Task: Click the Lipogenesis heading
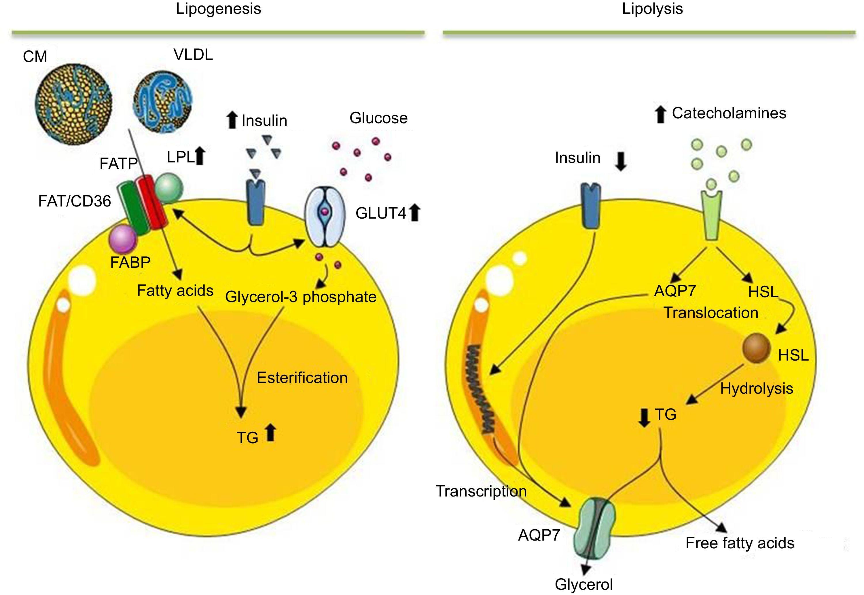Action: pyautogui.click(x=218, y=9)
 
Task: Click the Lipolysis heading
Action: pyautogui.click(x=652, y=9)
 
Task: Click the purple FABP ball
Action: pyautogui.click(x=123, y=240)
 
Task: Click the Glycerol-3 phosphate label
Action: pyautogui.click(x=301, y=297)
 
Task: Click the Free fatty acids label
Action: pyautogui.click(x=740, y=543)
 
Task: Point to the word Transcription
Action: pyautogui.click(x=481, y=491)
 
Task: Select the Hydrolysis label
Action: pyautogui.click(x=756, y=389)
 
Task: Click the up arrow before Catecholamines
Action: pyautogui.click(x=660, y=114)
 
